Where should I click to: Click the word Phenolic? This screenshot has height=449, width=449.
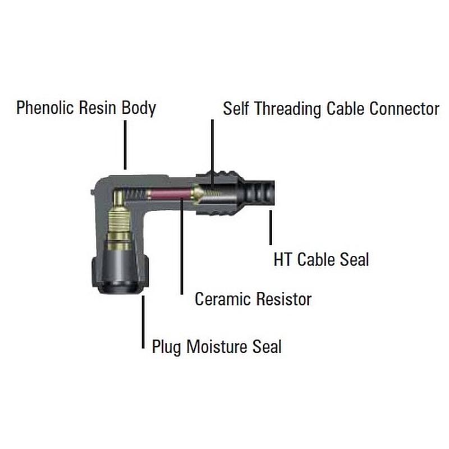(x=45, y=108)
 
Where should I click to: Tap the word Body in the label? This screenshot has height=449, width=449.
(x=139, y=108)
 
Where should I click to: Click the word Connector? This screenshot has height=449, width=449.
(x=404, y=109)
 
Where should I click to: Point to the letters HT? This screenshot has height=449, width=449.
(x=283, y=260)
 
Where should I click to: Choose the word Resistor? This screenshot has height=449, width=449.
(x=284, y=299)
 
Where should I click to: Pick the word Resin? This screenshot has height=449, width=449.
(x=97, y=108)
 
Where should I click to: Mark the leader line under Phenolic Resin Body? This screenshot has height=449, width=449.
(x=125, y=145)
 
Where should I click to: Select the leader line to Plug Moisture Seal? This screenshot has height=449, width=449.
(x=143, y=322)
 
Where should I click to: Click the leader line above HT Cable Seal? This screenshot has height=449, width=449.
(x=271, y=227)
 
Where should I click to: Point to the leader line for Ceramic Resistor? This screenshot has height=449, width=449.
(x=181, y=245)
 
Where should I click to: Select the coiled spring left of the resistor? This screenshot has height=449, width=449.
(x=135, y=194)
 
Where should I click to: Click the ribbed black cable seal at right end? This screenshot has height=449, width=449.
(x=259, y=193)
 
